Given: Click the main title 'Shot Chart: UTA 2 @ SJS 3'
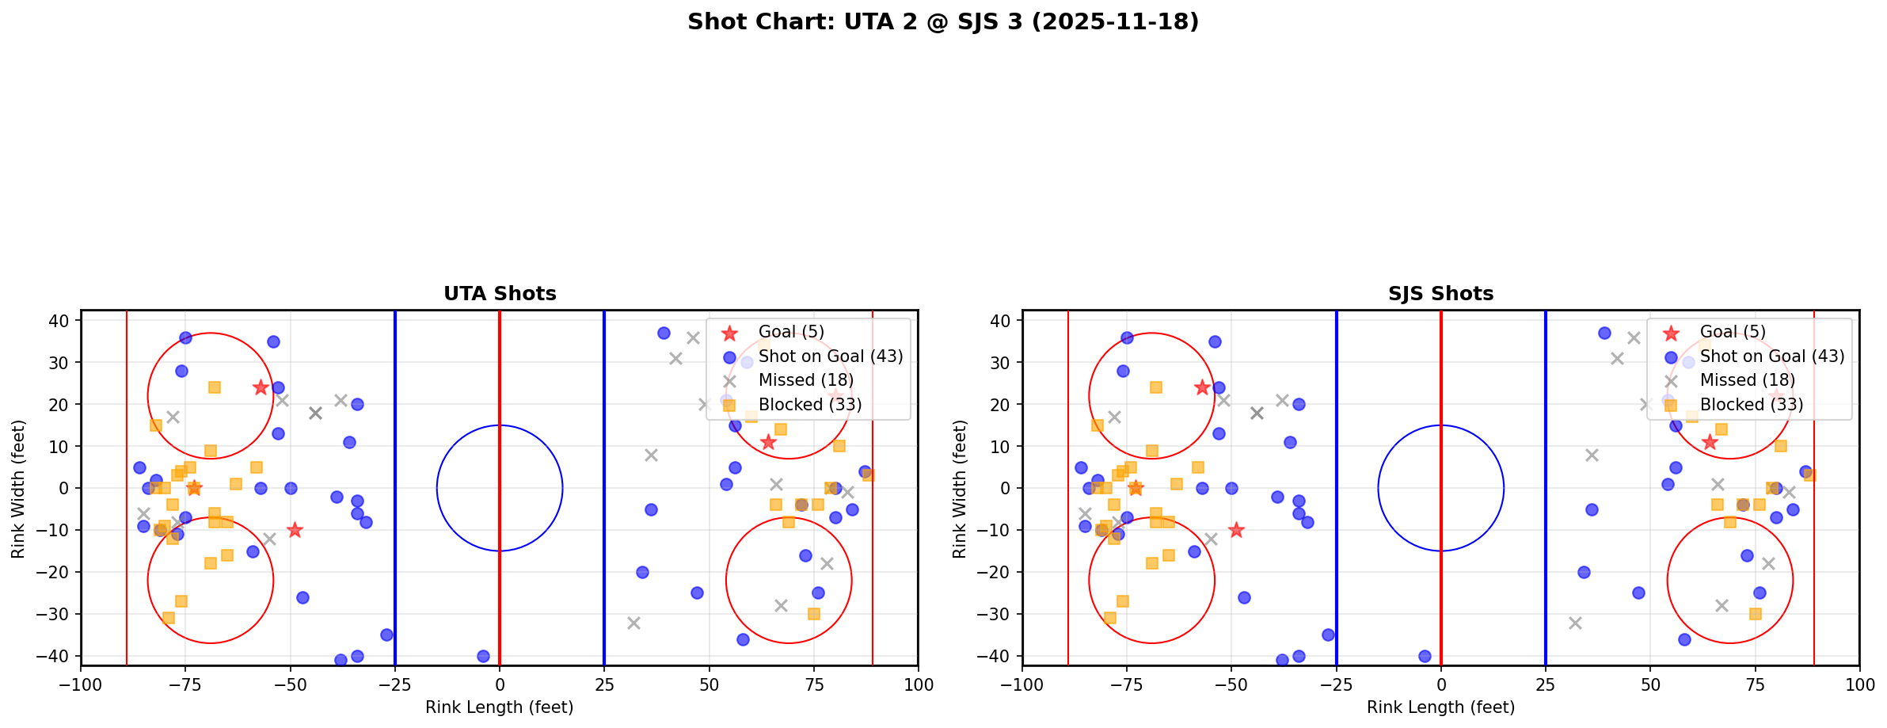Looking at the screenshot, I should coord(943,22).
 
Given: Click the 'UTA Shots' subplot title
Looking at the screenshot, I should coord(500,294).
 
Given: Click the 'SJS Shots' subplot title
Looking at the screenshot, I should coord(1440,294).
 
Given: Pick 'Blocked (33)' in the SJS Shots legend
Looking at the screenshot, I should coord(1752,405).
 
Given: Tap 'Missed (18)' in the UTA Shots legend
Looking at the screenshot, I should coord(805,380).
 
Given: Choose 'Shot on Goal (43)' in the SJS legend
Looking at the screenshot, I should coord(1771,356).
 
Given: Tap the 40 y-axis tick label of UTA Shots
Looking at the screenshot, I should coord(63,321).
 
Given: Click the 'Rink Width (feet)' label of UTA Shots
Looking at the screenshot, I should coord(18,488).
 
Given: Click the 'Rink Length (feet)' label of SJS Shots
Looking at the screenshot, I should coord(1440,707).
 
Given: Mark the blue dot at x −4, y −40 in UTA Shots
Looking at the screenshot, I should coord(483,656).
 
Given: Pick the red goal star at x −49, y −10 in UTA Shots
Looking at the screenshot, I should coord(295,530).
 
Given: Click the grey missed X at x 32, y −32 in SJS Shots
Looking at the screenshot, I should coord(1575,623).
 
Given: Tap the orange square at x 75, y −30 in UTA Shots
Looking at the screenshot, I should coord(813,614).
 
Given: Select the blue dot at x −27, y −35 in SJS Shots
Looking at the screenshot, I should coord(1328,635).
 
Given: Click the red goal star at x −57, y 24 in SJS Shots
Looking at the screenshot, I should coord(1202,387).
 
